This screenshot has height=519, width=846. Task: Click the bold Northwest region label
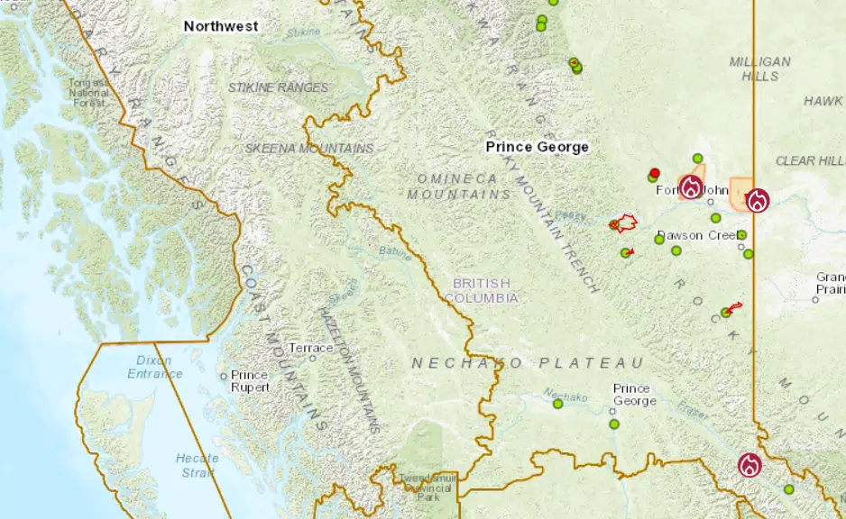click(x=221, y=26)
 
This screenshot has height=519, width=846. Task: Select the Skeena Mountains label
click(x=309, y=148)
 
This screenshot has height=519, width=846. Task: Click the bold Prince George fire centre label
click(x=537, y=147)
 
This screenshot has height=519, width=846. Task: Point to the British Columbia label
click(x=482, y=290)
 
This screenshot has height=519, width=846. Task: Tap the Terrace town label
click(x=311, y=348)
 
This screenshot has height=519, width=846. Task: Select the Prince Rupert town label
click(x=250, y=381)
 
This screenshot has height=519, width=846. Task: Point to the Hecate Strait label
click(x=197, y=465)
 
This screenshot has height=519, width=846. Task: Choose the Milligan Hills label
click(x=760, y=69)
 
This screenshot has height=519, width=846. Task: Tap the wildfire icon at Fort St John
click(x=691, y=187)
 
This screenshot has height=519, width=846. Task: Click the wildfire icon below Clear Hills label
click(x=757, y=200)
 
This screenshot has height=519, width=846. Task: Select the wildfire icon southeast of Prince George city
click(x=749, y=465)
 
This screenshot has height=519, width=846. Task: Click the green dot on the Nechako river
click(x=557, y=405)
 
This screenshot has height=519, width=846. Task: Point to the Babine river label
click(x=394, y=255)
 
